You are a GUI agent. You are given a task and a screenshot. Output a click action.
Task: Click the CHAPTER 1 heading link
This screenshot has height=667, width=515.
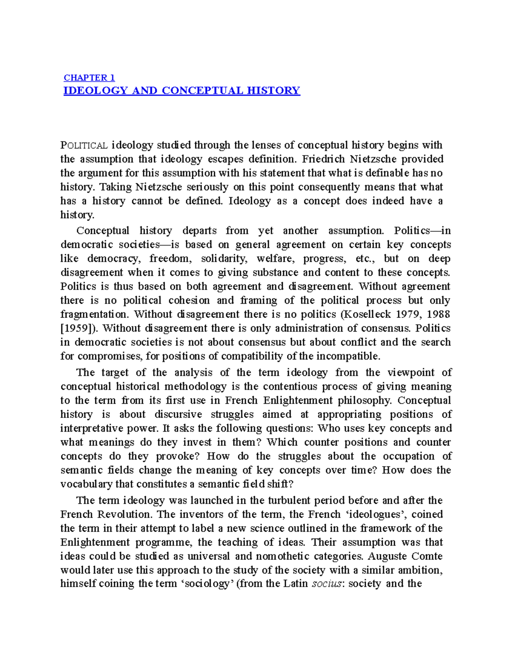pyautogui.click(x=89, y=78)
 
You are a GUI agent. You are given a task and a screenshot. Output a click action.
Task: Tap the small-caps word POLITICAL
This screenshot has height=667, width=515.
pyautogui.click(x=84, y=146)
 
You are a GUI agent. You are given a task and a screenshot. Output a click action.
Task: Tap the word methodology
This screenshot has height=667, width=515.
pyautogui.click(x=195, y=387)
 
